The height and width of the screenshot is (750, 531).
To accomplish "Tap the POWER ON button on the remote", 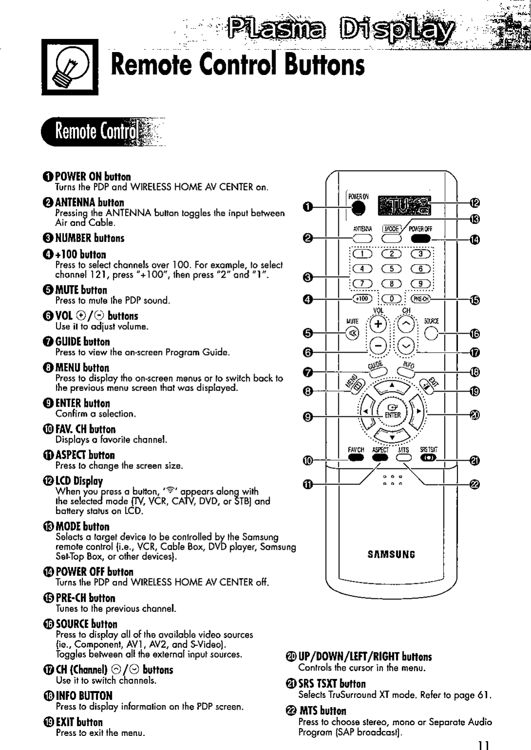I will (x=358, y=207).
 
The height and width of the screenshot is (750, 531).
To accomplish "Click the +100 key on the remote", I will (x=362, y=299).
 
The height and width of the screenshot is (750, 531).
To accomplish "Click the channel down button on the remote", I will (x=407, y=346).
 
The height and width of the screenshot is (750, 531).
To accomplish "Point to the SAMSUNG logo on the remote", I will (x=391, y=554).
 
